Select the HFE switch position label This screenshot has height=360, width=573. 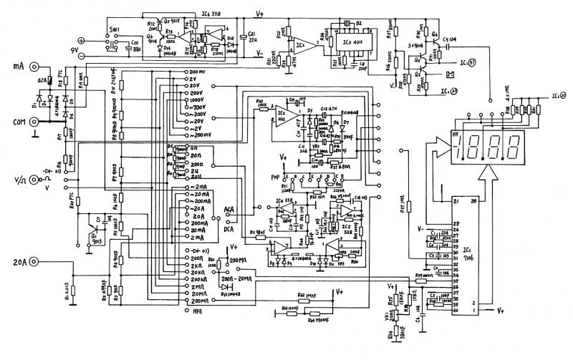(200, 312)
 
